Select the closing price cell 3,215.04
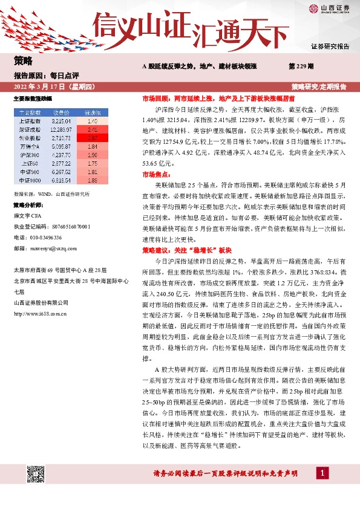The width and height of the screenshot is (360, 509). coord(62,121)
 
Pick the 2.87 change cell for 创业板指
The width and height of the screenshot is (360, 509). coord(93,138)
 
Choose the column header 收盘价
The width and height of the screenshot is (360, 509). coord(62,112)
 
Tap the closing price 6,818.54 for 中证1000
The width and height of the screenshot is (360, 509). coord(62,180)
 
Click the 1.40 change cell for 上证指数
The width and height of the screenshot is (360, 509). coord(93,121)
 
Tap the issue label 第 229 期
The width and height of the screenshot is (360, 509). coord(301,65)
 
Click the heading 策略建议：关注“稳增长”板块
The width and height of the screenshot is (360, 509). coord(187,250)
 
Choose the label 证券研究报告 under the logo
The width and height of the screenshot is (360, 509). coord(329,47)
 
